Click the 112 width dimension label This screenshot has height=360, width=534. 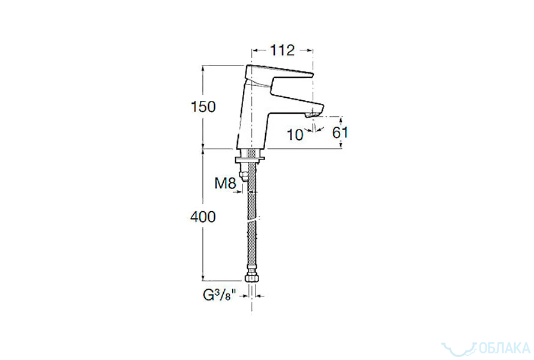[x=283, y=50]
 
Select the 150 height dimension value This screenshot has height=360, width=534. [x=203, y=107]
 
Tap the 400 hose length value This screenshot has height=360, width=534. [x=203, y=217]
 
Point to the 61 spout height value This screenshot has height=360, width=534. [x=340, y=133]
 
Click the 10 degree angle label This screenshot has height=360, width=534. [x=295, y=135]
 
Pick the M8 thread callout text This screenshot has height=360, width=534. [x=225, y=184]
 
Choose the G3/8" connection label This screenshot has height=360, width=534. [x=220, y=295]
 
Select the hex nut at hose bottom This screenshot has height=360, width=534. [x=251, y=275]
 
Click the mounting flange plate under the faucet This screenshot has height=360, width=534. [x=249, y=159]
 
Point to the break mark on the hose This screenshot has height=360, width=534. [x=252, y=220]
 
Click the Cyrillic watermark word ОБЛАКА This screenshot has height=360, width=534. [x=505, y=348]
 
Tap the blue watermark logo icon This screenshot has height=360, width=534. [x=459, y=348]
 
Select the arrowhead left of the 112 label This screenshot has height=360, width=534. [x=254, y=51]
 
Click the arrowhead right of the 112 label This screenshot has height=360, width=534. [x=310, y=51]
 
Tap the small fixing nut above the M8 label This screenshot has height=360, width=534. [x=244, y=175]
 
